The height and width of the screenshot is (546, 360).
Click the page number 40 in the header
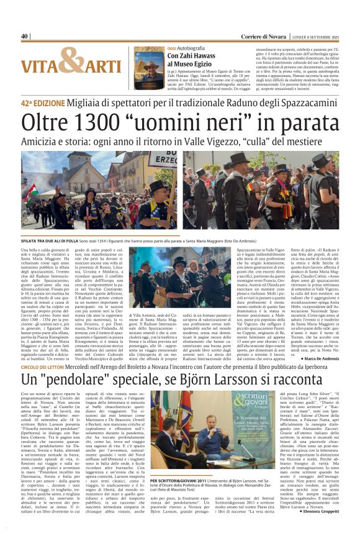[25, 36]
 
